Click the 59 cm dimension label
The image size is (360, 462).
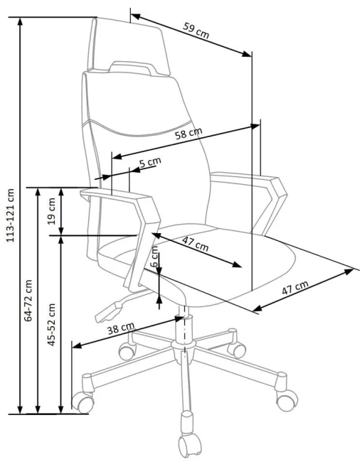[196, 31]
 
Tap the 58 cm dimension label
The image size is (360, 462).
[189, 134]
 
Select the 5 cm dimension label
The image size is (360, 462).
[150, 162]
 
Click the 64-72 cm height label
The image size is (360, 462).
[28, 301]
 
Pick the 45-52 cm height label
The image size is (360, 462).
[52, 324]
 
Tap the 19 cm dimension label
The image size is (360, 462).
[52, 211]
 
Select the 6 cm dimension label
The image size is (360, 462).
[154, 257]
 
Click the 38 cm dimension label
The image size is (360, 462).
[120, 328]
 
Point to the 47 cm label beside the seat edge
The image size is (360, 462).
[295, 287]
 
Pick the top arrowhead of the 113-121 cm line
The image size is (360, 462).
[20, 22]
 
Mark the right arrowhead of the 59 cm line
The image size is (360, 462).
[247, 54]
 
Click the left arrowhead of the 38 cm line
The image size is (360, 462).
[78, 345]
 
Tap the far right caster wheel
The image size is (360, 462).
[287, 400]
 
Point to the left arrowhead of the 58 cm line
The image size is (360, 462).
[117, 156]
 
